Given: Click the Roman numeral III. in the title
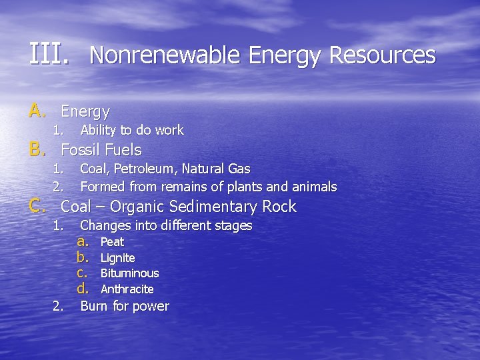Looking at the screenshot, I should point(48,54).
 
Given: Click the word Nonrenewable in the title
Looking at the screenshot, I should point(164,55).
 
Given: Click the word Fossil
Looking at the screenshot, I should point(81,150).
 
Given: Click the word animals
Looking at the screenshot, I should point(314,187).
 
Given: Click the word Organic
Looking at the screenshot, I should point(140,207).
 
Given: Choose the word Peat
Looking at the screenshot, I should point(112,242).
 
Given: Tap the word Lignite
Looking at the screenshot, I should point(117,258).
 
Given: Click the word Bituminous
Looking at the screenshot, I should point(129,273).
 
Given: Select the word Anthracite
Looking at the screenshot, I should point(127,289).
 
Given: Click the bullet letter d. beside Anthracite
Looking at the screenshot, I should point(83,289).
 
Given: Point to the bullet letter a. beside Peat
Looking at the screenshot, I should point(83,241).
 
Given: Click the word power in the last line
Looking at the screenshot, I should point(151,307).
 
